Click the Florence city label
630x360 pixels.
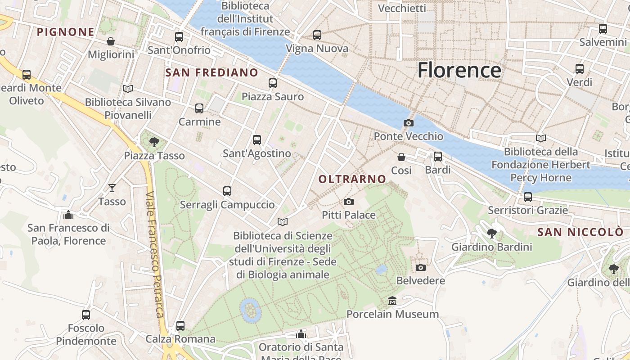[459, 70]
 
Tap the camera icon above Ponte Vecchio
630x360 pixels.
[409, 123]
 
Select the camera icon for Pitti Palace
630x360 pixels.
[348, 202]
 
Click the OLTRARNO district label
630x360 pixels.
[352, 179]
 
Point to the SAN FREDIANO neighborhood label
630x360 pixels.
[211, 72]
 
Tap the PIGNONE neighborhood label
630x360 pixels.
[66, 32]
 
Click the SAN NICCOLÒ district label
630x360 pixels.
[580, 232]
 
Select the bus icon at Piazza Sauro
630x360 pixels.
[272, 83]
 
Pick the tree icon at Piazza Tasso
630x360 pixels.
[154, 142]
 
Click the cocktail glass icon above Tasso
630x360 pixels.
[112, 188]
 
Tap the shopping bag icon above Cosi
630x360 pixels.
[401, 157]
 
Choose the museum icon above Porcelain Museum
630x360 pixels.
[392, 301]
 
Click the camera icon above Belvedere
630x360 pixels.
[420, 267]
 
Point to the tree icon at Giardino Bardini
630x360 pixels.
[491, 234]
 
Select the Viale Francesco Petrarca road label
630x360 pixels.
[155, 254]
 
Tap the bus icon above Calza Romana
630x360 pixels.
[180, 325]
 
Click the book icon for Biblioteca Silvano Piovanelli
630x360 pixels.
[128, 89]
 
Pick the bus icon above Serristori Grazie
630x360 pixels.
[527, 197]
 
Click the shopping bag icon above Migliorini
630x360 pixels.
[111, 41]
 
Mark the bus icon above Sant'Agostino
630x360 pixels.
[256, 140]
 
